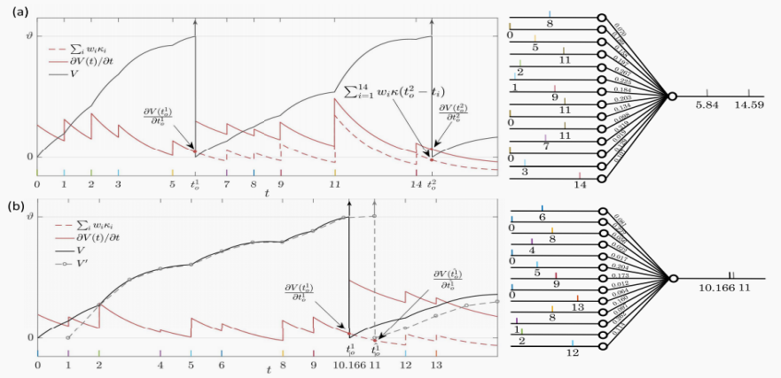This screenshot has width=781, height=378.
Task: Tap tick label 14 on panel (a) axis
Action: pos(416,183)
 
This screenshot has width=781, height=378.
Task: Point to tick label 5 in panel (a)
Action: pos(172,183)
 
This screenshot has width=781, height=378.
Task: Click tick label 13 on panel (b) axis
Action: pos(435,364)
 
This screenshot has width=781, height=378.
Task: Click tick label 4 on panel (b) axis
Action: pos(160,364)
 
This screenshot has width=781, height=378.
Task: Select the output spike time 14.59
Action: pos(749,104)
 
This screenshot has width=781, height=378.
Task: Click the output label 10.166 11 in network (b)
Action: pos(730,288)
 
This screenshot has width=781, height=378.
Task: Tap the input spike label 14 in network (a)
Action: pos(579,184)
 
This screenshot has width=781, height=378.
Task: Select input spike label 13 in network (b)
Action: pos(577,307)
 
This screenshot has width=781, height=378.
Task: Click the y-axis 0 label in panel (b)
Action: pos(28,336)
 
